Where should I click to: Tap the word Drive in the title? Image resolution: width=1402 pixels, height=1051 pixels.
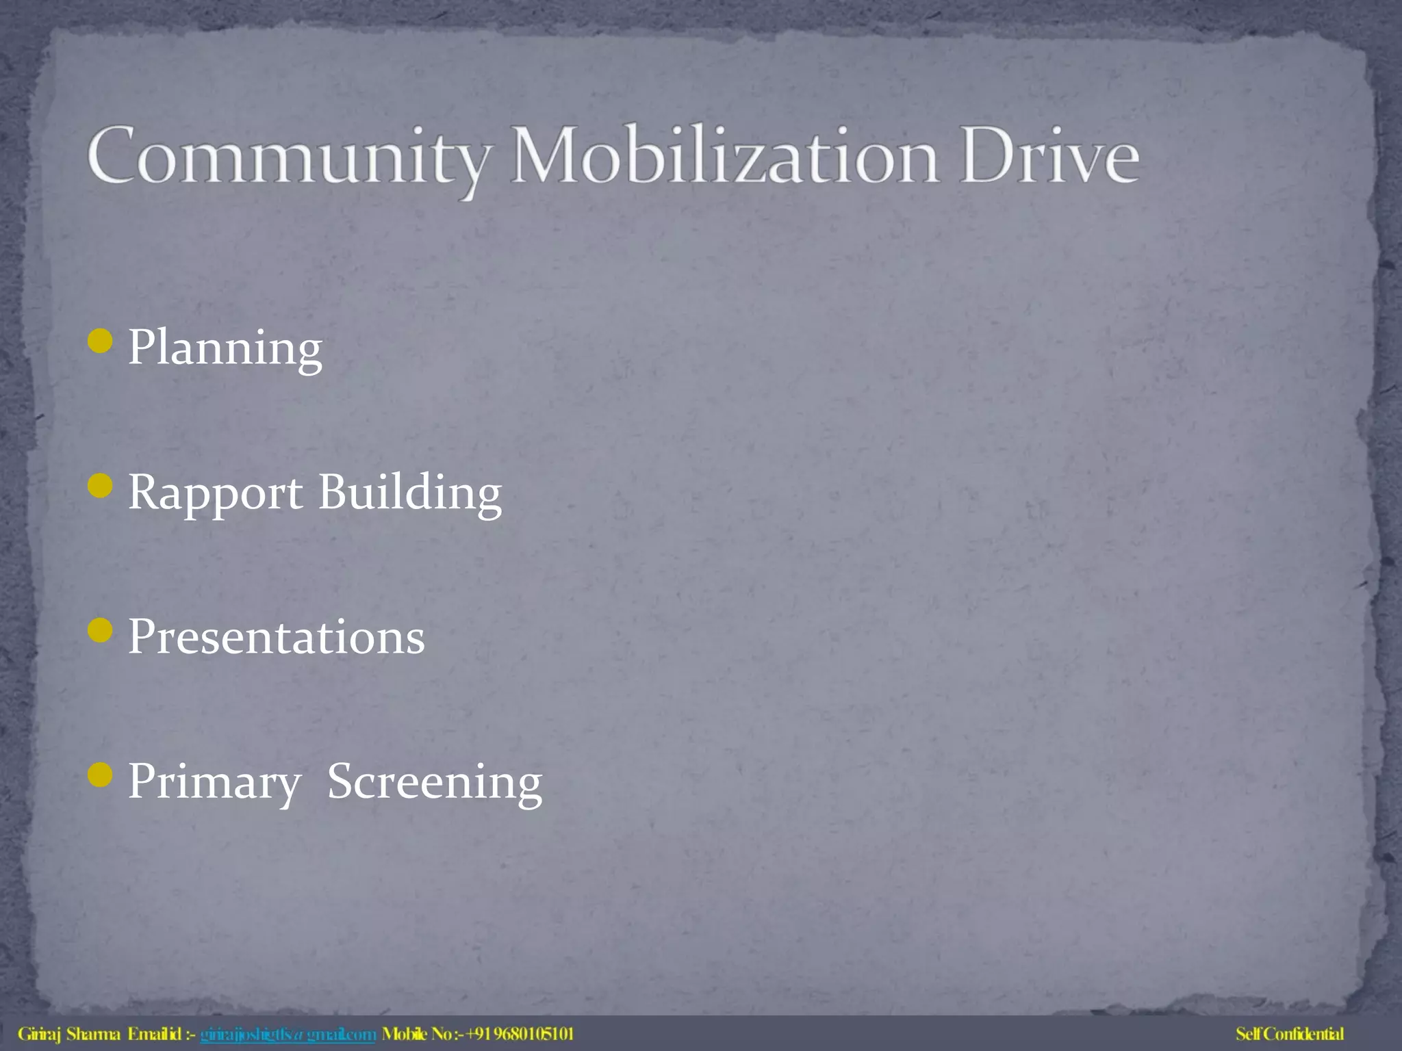click(1049, 156)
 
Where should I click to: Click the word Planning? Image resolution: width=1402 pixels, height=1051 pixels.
click(225, 348)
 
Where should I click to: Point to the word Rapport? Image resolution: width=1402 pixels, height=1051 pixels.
click(215, 493)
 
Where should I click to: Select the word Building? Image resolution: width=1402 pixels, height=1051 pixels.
click(410, 493)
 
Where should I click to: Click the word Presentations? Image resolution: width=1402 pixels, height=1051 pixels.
click(277, 637)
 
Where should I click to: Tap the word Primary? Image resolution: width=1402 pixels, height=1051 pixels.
click(214, 782)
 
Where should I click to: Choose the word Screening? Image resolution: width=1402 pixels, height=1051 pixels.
click(435, 782)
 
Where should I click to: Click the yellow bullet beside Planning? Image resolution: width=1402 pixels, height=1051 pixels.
click(101, 341)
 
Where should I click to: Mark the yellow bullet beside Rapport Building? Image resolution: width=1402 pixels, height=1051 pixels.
click(101, 486)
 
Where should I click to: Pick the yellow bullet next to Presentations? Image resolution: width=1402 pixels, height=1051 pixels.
click(101, 630)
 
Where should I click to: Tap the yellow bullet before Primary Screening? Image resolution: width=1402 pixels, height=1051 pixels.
click(101, 775)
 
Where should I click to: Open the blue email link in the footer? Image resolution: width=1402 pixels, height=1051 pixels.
click(288, 1034)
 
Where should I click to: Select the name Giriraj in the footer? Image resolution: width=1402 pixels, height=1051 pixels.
click(39, 1034)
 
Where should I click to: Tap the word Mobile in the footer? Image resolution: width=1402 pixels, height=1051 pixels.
click(405, 1034)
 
